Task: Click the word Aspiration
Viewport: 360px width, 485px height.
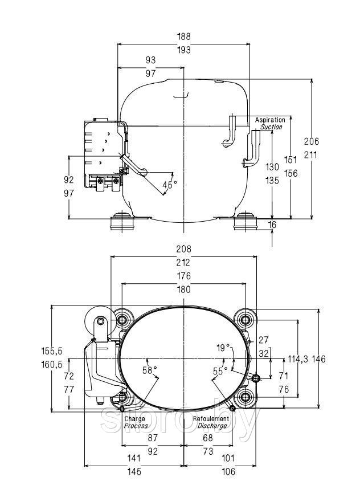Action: (270, 120)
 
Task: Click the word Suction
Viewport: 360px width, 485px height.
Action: (271, 127)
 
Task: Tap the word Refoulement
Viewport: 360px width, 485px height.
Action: (211, 419)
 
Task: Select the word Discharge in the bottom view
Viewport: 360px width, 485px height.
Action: (212, 426)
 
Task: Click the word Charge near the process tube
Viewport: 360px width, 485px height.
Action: (135, 419)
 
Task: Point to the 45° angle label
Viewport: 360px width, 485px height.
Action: (170, 185)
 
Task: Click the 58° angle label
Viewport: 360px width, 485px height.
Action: (150, 370)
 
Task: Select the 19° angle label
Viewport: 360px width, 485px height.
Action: (224, 348)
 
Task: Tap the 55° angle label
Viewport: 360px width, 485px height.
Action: (220, 371)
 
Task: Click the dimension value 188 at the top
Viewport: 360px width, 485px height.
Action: (184, 36)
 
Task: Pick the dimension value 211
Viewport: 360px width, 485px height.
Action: (311, 154)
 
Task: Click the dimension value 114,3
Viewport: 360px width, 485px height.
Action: (298, 359)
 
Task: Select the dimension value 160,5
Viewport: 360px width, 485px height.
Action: (52, 365)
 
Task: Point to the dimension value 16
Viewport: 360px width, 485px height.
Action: (272, 225)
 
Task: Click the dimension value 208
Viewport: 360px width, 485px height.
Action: (184, 249)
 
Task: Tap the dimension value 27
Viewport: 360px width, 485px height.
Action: (264, 340)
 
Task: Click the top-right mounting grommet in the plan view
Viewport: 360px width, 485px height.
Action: (246, 320)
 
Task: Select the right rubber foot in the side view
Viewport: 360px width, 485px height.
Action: (246, 221)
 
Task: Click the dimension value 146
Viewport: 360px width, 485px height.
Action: (318, 359)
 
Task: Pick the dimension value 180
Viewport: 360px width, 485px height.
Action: (184, 290)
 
